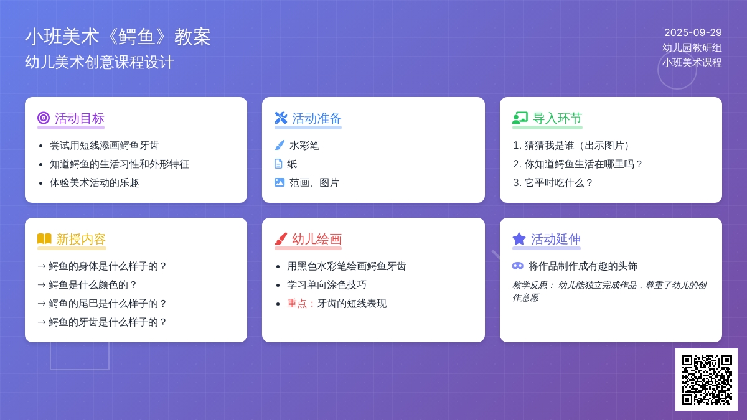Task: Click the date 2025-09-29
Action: pos(693,32)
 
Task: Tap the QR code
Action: pos(707,380)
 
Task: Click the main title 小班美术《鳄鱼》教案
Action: pos(118,37)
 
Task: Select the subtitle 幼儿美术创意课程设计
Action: pos(100,62)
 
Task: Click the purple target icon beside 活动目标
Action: pos(44,118)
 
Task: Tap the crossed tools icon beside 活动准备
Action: pos(281,118)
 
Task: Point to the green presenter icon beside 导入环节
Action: pos(520,118)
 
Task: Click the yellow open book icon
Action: pos(44,239)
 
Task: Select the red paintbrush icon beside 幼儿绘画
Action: pos(281,239)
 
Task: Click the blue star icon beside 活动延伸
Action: pos(519,239)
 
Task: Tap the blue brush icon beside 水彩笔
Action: pos(280,146)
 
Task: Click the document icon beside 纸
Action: pos(278,164)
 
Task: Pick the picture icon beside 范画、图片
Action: pos(280,183)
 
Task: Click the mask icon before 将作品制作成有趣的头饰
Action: pos(517,266)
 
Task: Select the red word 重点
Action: pos(297,304)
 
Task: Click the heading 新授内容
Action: pos(81,239)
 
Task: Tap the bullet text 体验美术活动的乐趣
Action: pos(95,183)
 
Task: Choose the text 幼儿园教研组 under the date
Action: pos(692,48)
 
